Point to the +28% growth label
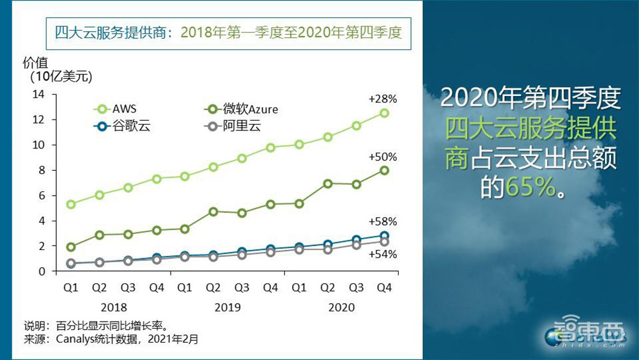coord(383,99)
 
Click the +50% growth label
coord(383,157)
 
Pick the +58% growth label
coord(383,222)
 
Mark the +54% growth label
coord(383,254)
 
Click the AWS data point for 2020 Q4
coord(384,113)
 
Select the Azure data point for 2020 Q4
coord(384,170)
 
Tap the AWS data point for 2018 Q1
coord(71,204)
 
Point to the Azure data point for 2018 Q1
coord(71,247)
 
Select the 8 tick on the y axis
coord(42,170)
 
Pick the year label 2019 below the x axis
coord(227,308)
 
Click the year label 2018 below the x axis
coord(114,308)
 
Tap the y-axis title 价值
coord(35,63)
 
